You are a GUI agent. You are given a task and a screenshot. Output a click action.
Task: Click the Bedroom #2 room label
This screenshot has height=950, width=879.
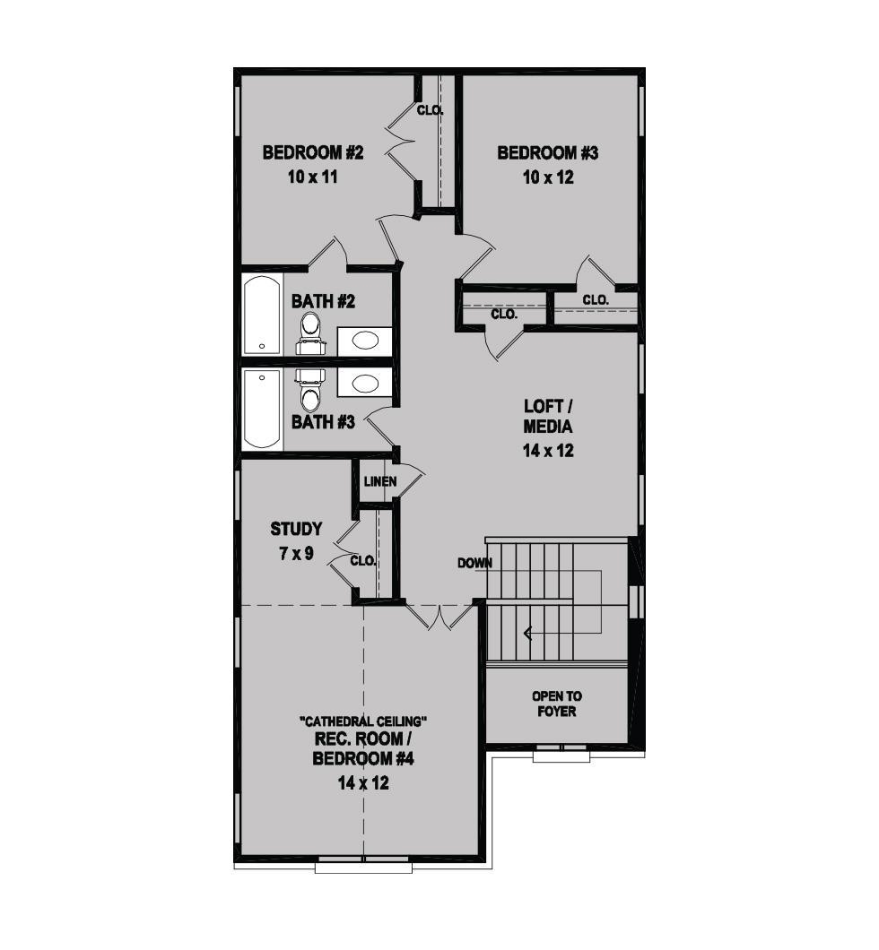(x=313, y=152)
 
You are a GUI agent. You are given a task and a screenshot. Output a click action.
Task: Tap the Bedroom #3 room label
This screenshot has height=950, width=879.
(x=548, y=152)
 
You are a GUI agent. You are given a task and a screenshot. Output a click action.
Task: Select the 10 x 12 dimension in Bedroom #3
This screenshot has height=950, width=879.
(x=548, y=177)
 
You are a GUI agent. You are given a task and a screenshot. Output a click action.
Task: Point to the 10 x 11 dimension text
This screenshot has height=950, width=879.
(x=313, y=177)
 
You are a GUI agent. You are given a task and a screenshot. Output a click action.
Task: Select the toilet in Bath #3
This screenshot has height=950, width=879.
(x=311, y=391)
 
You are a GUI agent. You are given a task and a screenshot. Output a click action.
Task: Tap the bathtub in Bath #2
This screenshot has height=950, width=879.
(x=262, y=315)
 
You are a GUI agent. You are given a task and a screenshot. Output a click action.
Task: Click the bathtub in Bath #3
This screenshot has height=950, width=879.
(x=262, y=409)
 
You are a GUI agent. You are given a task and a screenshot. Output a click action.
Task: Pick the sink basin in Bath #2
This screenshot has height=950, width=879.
(x=364, y=341)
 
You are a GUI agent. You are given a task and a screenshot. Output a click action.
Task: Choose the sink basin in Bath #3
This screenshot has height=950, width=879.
(x=364, y=383)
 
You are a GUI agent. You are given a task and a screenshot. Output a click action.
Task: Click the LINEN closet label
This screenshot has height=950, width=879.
(x=380, y=481)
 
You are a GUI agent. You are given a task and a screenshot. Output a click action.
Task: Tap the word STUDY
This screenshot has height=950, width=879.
(x=296, y=529)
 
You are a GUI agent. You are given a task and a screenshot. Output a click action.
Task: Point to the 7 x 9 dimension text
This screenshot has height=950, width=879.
(x=296, y=554)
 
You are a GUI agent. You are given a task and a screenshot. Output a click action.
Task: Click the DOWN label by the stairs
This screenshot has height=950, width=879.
(x=475, y=564)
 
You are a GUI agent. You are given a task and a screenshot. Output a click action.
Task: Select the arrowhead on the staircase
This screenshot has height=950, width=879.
(x=527, y=634)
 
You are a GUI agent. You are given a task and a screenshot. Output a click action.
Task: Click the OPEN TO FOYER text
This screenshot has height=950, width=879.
(x=556, y=704)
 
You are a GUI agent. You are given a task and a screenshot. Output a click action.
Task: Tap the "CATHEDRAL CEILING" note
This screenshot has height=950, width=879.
(x=364, y=721)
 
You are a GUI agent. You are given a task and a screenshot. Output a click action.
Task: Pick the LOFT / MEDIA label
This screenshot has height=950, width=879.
(x=548, y=417)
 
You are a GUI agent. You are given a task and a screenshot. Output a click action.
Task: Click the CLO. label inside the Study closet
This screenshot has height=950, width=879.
(x=363, y=561)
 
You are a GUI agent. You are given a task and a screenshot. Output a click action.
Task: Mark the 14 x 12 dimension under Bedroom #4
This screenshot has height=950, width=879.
(x=363, y=783)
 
